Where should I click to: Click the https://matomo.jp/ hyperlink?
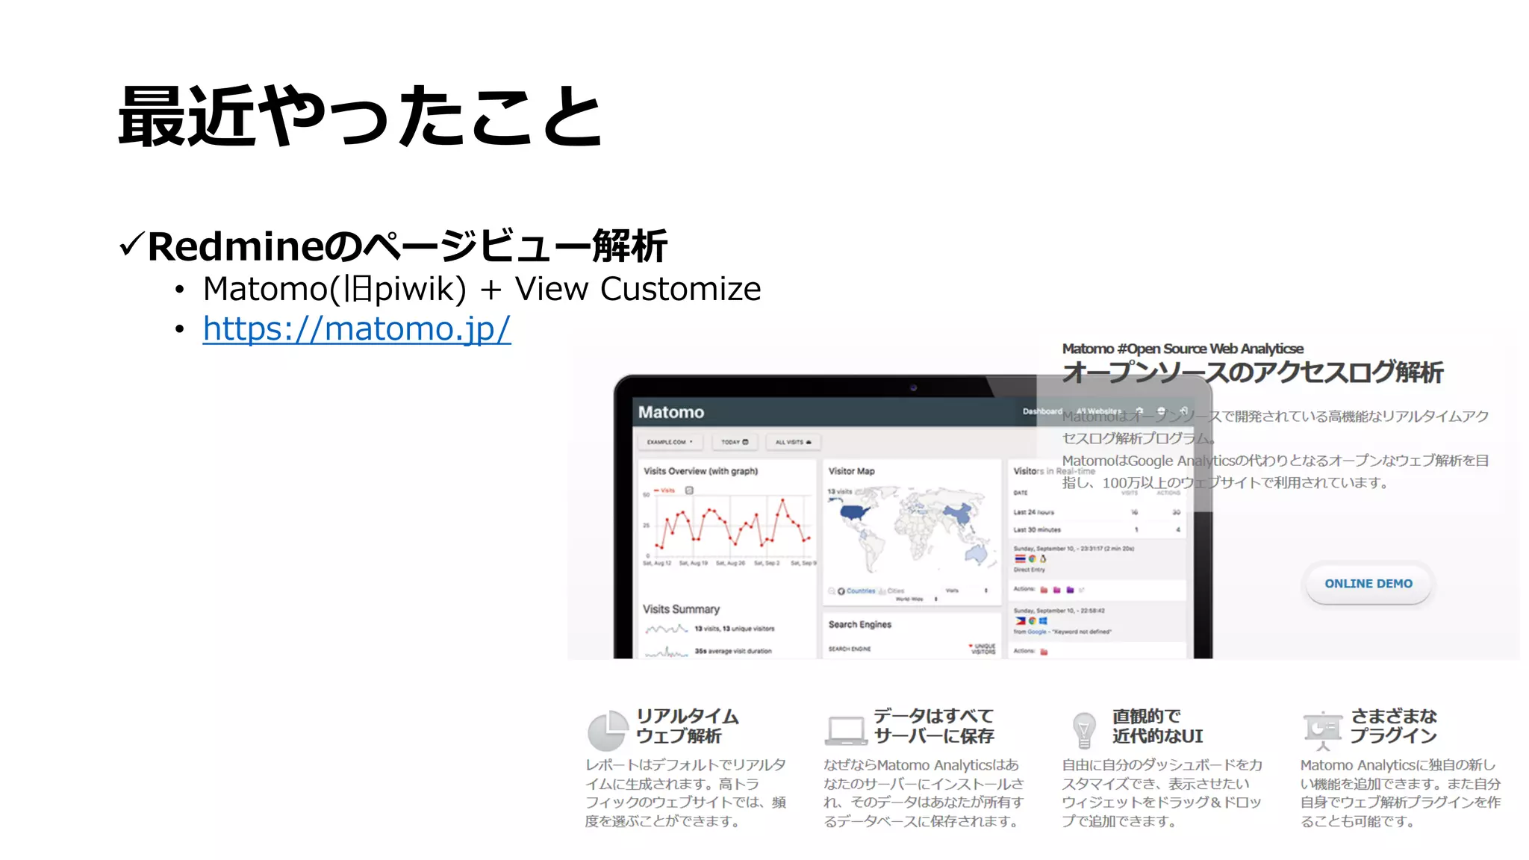pyautogui.click(x=356, y=329)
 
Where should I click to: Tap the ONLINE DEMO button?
pyautogui.click(x=1368, y=584)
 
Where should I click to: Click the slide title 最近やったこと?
pyautogui.click(x=361, y=116)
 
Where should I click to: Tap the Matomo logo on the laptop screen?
pyautogui.click(x=670, y=412)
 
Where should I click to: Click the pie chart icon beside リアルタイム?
pyautogui.click(x=606, y=730)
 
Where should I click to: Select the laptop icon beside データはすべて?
pyautogui.click(x=846, y=730)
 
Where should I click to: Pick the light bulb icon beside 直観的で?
pyautogui.click(x=1083, y=729)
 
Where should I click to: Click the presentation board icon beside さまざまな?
pyautogui.click(x=1322, y=729)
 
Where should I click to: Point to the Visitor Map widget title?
pyautogui.click(x=851, y=471)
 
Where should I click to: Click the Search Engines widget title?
pyautogui.click(x=859, y=624)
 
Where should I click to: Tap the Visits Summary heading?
pyautogui.click(x=681, y=609)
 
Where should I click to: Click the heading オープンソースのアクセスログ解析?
pyautogui.click(x=1252, y=372)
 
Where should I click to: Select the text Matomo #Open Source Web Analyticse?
pyautogui.click(x=1182, y=349)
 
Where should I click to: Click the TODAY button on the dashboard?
pyautogui.click(x=734, y=442)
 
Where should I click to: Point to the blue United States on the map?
pyautogui.click(x=856, y=513)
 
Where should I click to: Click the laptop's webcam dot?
pyautogui.click(x=912, y=387)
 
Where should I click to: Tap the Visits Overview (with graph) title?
pyautogui.click(x=700, y=471)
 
